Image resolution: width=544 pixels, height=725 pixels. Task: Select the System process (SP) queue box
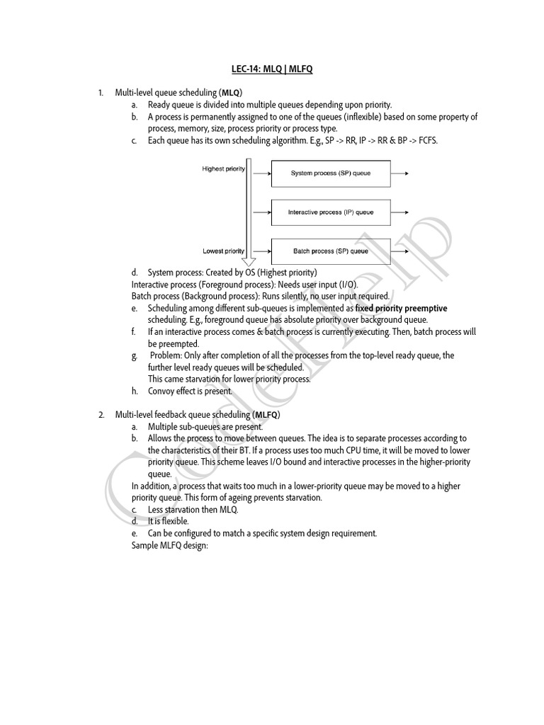point(330,173)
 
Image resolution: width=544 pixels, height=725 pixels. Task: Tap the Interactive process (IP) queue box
point(330,212)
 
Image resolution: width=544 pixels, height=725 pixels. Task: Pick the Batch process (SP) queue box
point(330,251)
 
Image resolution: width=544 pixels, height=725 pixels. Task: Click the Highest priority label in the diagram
point(223,169)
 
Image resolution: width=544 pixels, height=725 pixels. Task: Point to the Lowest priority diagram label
point(224,251)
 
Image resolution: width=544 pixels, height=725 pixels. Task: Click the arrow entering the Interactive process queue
point(261,212)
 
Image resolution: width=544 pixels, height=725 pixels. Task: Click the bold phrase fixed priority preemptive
point(401,309)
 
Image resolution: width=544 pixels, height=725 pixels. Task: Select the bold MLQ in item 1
point(231,92)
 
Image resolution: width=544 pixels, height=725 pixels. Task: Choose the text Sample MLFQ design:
point(169,545)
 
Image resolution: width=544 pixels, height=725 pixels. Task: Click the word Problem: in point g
point(167,355)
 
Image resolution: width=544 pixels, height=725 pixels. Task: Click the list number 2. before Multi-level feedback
point(101,414)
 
